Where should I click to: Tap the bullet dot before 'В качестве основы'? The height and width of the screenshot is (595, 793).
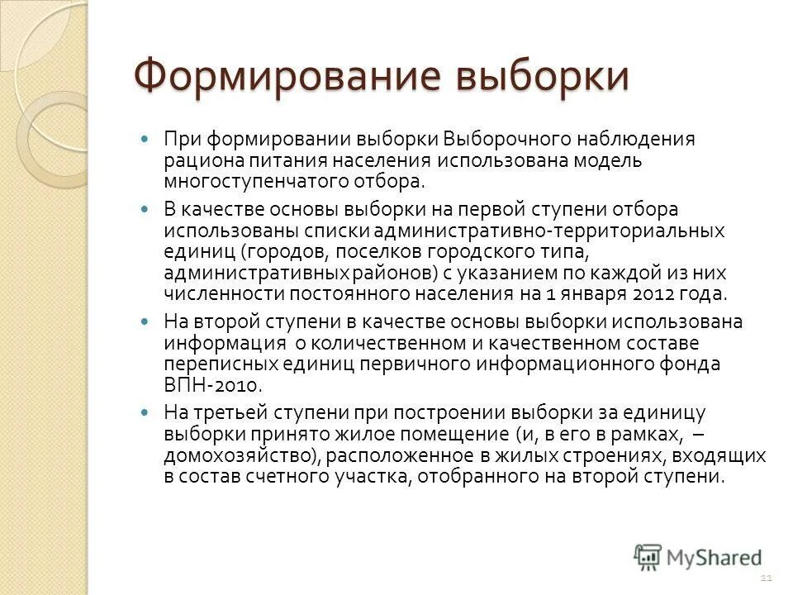[147, 210]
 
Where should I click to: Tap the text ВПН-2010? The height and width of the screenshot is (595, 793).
[213, 383]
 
